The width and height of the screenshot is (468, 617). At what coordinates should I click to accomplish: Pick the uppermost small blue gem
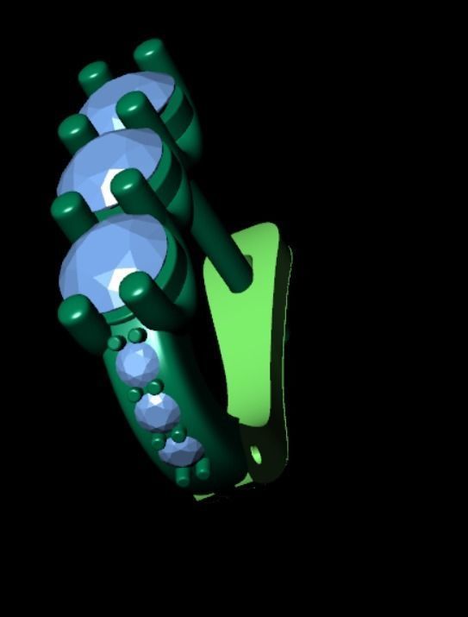click(137, 365)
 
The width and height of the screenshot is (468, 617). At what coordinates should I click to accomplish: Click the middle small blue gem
click(157, 412)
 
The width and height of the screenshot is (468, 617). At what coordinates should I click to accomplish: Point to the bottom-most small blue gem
click(183, 450)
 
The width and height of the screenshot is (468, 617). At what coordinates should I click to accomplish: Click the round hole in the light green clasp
click(256, 451)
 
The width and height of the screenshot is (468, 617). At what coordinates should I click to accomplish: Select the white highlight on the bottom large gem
click(116, 278)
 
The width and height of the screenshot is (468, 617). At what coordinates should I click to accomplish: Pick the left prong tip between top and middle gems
click(72, 129)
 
